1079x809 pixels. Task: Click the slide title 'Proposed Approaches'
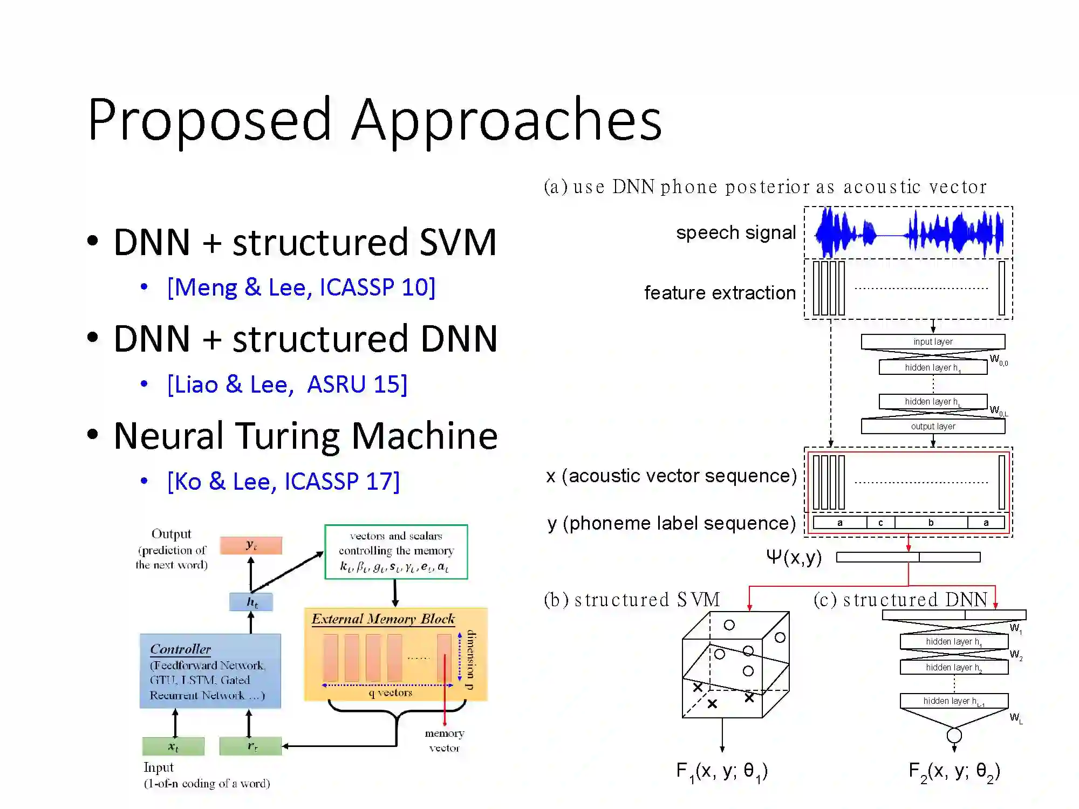[374, 120]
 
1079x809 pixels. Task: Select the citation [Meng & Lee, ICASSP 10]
[301, 287]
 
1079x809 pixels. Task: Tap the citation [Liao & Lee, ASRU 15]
[287, 384]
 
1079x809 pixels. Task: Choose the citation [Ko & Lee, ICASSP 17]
[283, 481]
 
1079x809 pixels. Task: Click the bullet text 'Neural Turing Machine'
[305, 436]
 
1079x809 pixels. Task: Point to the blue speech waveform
[909, 234]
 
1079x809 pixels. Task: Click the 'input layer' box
[933, 341]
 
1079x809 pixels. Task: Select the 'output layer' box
[933, 426]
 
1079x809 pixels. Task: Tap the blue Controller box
[210, 671]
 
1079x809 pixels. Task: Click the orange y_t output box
[251, 545]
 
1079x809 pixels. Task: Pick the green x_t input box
[173, 746]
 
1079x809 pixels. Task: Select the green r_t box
[251, 746]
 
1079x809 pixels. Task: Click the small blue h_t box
[251, 602]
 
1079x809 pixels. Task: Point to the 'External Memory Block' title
[383, 619]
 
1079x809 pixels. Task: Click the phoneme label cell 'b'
[931, 523]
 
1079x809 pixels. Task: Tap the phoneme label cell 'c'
[880, 523]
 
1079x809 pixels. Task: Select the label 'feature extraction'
[720, 293]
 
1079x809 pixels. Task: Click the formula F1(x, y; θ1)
[722, 771]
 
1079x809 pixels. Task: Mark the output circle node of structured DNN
[954, 735]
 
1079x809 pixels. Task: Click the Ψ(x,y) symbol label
[794, 557]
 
